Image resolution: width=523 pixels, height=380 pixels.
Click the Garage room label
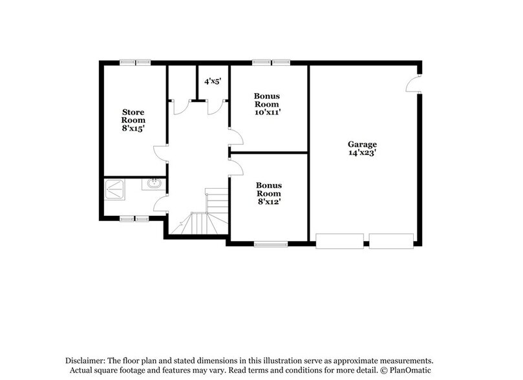point(362,144)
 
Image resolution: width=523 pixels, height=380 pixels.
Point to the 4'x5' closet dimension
point(213,81)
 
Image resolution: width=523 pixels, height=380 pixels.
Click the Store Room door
point(161,151)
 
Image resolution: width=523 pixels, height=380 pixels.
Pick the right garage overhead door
point(391,241)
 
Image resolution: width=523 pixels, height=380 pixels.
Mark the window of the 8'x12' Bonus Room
point(270,244)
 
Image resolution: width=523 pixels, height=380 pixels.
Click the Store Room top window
point(135,62)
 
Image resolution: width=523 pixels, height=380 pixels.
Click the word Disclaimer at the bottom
point(85,359)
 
